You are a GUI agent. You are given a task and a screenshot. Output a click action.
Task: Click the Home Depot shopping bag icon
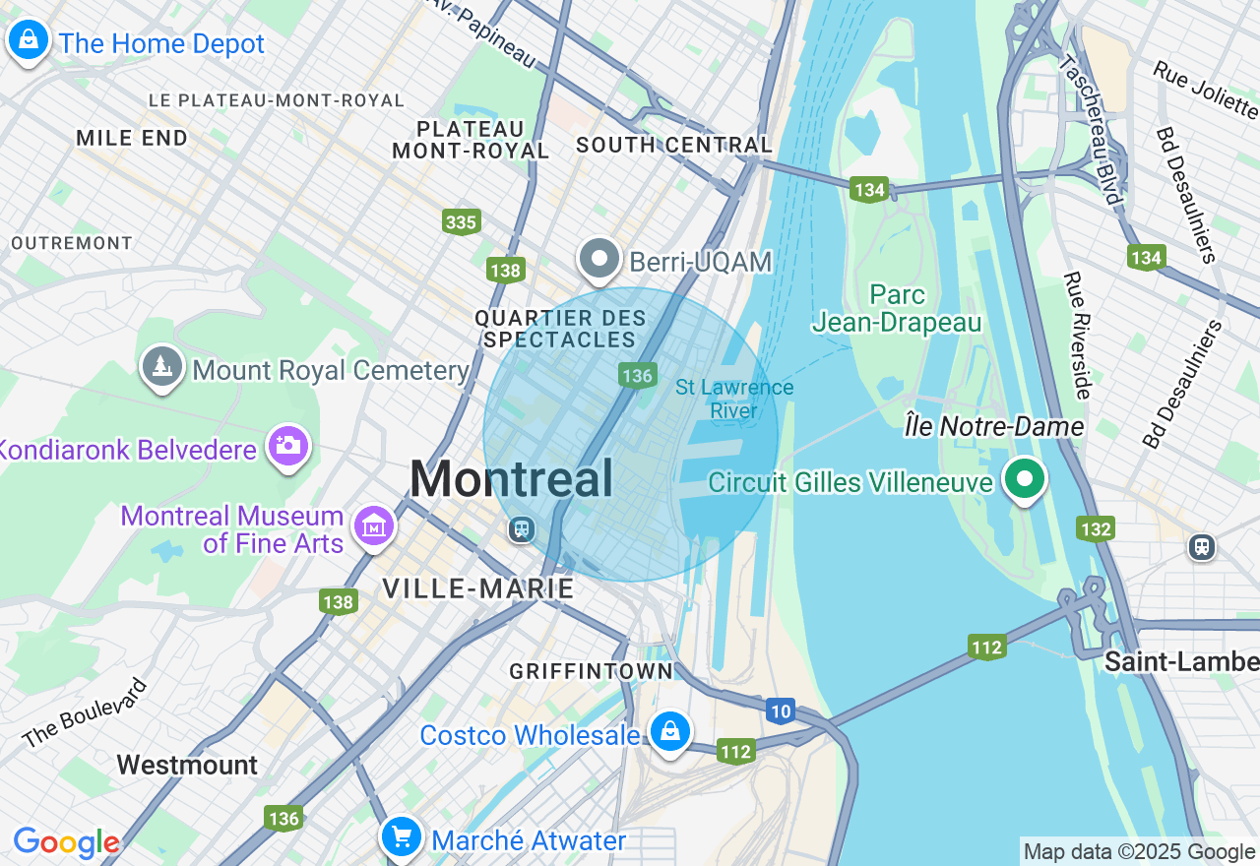click(x=29, y=40)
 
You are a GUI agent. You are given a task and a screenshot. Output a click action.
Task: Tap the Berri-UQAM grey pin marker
click(x=598, y=260)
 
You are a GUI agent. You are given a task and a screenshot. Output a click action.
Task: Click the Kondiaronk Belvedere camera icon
click(x=287, y=446)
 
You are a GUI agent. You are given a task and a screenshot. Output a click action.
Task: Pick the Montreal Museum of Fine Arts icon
click(x=374, y=526)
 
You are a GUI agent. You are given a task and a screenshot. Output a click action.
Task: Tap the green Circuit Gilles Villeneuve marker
click(x=1025, y=479)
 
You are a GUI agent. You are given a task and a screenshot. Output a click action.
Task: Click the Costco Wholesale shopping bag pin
click(x=669, y=731)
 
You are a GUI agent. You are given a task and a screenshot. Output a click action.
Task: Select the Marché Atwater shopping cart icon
click(x=402, y=837)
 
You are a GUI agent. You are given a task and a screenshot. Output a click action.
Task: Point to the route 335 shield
click(x=461, y=221)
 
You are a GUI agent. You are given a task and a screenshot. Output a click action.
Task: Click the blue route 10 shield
click(x=781, y=711)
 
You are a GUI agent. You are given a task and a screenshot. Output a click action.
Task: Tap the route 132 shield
click(x=1096, y=528)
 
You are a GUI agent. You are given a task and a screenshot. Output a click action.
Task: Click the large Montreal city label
click(x=512, y=479)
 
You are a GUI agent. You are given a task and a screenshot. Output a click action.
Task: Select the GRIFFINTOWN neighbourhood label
click(x=592, y=671)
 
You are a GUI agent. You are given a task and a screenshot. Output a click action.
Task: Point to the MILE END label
click(x=132, y=138)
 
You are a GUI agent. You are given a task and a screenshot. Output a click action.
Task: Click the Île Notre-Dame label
click(x=994, y=426)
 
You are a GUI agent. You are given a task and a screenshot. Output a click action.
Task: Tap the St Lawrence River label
click(x=734, y=399)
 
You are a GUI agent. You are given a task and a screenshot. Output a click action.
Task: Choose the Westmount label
click(x=187, y=765)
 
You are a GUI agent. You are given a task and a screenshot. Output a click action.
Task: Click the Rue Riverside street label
click(x=1077, y=336)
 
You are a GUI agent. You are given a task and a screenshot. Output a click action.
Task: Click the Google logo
click(x=66, y=842)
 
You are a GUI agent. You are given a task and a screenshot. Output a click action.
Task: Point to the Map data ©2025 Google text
click(x=1139, y=852)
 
